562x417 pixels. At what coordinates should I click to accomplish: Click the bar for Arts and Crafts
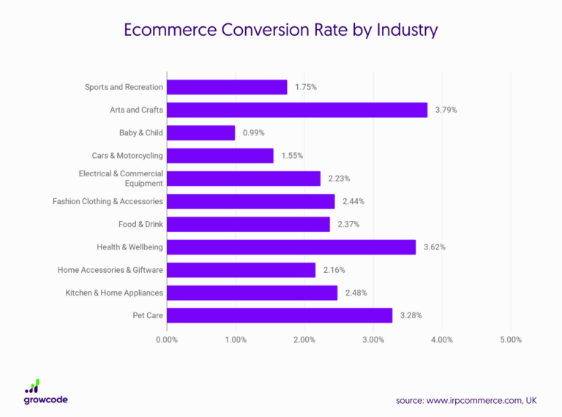[297, 110]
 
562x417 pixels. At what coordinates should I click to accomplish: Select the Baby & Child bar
[201, 132]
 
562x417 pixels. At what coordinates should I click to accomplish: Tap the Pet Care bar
[280, 315]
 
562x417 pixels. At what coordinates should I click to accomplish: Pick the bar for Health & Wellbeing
[291, 247]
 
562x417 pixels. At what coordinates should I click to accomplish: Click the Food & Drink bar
[248, 224]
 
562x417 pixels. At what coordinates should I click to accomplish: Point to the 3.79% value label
[446, 110]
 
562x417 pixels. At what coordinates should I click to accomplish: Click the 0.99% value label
[253, 132]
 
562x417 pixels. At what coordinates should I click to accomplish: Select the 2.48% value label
[356, 293]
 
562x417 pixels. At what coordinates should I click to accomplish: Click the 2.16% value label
[334, 270]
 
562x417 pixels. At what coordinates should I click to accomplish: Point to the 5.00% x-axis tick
[511, 339]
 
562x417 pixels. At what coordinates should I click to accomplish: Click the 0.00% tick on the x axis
[167, 339]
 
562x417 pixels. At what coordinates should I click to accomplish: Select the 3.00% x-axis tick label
[373, 339]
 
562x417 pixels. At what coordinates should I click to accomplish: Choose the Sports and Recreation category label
[124, 87]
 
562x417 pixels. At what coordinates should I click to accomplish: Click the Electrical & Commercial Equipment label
[121, 179]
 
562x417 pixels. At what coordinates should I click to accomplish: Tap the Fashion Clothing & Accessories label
[108, 201]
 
